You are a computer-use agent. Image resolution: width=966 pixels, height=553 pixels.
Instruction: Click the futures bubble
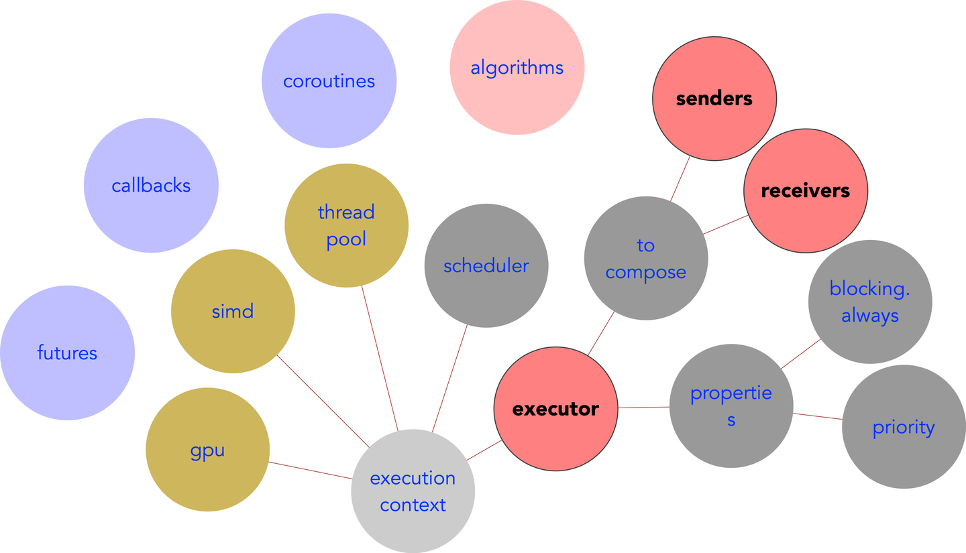[67, 353]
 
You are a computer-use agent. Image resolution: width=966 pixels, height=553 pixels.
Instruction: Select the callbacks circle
[151, 186]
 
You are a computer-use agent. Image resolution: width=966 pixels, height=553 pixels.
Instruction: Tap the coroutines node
[329, 81]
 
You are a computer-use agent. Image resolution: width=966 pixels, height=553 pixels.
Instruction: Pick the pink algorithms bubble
[517, 68]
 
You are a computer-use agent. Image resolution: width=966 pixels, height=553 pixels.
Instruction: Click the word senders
[714, 99]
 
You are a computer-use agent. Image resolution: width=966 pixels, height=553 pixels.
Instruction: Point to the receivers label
[805, 191]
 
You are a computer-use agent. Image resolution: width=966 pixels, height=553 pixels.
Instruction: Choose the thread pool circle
[346, 226]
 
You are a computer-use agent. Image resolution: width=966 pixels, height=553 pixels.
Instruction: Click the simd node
[233, 311]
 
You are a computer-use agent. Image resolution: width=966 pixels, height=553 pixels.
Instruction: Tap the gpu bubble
[207, 450]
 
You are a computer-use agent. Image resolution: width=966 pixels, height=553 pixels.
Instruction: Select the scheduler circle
[486, 266]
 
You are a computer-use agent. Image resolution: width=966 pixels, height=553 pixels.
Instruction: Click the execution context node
[413, 491]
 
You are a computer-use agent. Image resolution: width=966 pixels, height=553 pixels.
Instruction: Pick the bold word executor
[555, 409]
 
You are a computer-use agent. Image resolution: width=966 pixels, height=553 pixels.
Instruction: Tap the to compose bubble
[645, 259]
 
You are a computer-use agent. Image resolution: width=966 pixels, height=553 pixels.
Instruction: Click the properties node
[731, 406]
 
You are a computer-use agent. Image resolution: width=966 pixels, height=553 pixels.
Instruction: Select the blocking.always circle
[869, 302]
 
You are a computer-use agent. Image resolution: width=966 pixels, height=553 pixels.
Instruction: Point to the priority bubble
[903, 427]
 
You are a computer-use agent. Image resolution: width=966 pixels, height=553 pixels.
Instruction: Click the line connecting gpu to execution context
[310, 471]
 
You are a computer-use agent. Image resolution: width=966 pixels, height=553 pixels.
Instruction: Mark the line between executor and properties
[643, 407]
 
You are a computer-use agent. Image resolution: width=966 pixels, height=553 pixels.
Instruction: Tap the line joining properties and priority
[818, 416]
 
